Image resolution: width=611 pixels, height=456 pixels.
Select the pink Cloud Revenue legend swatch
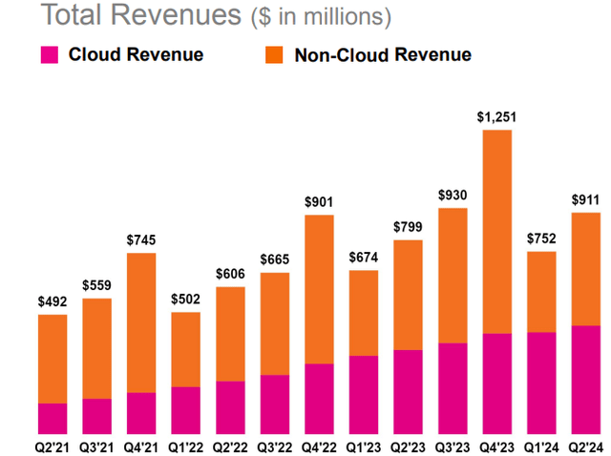51,54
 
